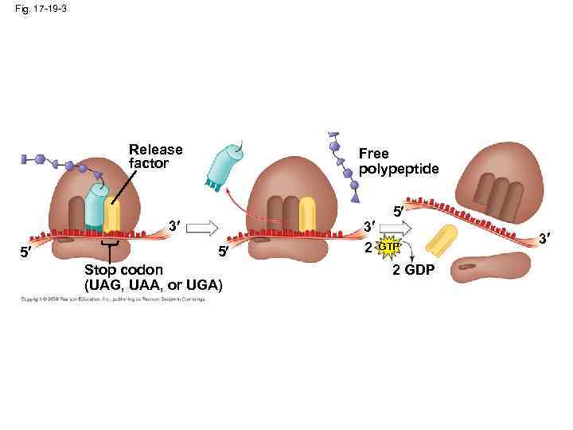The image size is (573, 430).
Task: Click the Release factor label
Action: point(155,156)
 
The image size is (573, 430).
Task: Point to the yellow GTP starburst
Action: point(388,248)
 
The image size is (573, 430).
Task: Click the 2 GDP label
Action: point(414,271)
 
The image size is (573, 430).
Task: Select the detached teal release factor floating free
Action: point(225,166)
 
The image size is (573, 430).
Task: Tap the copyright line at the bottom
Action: point(112,299)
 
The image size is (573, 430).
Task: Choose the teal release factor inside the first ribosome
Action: point(95,209)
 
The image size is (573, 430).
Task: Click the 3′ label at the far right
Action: point(545,238)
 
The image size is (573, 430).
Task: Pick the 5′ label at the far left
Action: point(26,254)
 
